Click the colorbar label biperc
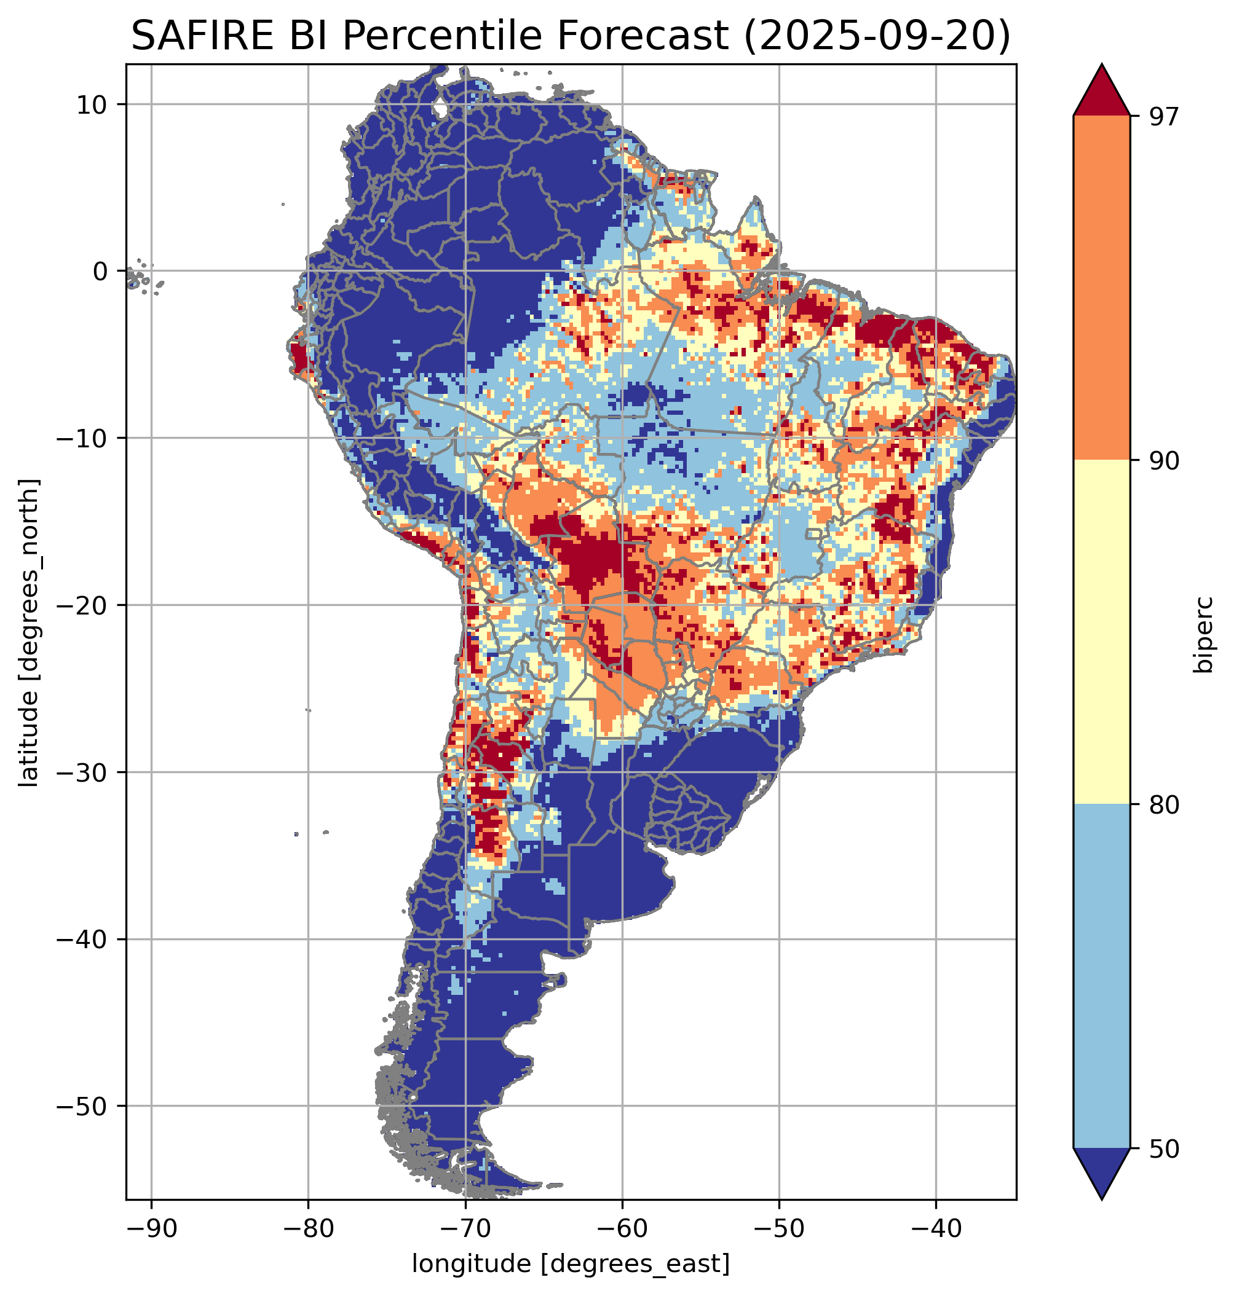click(1204, 632)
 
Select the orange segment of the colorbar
click(1101, 288)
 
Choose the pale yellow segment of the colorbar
click(1101, 632)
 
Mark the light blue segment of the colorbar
click(1101, 976)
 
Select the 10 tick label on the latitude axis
click(93, 104)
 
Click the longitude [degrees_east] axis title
click(571, 1263)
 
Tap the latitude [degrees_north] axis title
click(29, 632)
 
